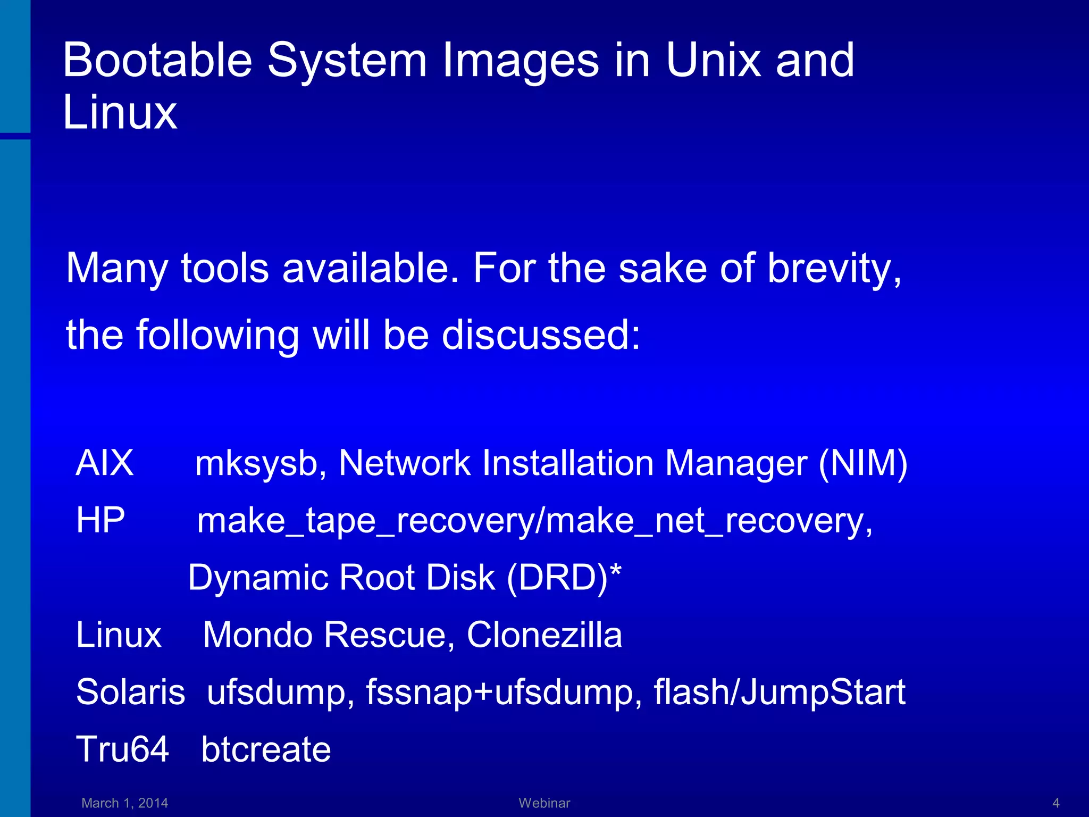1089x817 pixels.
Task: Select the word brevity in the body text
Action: (834, 269)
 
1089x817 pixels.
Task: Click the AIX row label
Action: (105, 463)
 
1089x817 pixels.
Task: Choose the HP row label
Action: (100, 520)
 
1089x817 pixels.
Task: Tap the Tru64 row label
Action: (122, 749)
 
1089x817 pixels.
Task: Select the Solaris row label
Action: (130, 692)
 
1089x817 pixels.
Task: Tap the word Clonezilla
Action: (544, 635)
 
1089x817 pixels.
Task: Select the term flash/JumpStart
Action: (779, 692)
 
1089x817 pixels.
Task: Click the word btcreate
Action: (266, 749)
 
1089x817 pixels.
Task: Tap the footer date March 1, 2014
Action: (124, 803)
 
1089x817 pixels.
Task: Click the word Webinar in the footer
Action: (544, 803)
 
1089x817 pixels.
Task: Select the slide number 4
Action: (1056, 803)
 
